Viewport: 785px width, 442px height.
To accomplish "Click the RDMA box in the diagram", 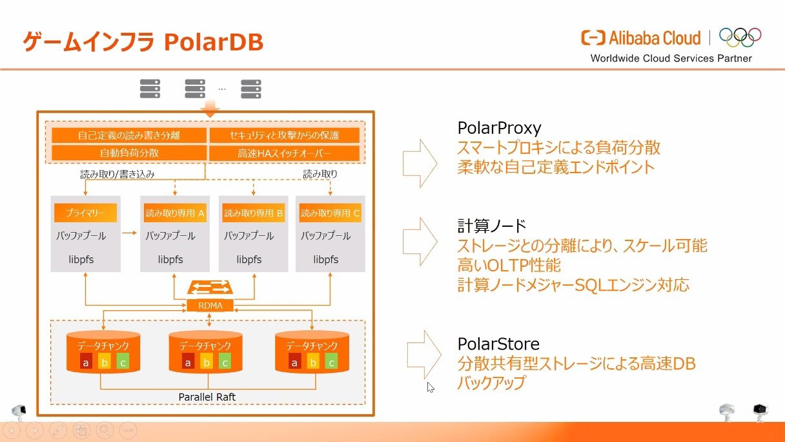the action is point(210,306).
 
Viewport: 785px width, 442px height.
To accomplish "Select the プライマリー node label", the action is point(85,213).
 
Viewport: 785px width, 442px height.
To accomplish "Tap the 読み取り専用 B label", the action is point(253,213).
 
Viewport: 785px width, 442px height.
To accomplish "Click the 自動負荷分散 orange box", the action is point(129,153).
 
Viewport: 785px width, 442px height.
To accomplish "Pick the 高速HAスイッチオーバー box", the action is point(284,153).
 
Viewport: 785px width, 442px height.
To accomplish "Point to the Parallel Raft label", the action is point(207,397).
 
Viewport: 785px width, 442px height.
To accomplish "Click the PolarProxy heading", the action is point(500,128).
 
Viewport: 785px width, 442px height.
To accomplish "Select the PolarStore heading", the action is point(498,344).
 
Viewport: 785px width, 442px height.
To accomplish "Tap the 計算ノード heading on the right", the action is point(492,226).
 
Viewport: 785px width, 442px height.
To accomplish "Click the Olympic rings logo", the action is point(740,37).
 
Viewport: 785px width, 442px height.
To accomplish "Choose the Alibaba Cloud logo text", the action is point(655,38).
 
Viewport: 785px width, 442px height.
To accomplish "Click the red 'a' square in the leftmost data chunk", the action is point(85,362).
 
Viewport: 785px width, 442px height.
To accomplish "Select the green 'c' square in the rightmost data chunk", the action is point(332,362).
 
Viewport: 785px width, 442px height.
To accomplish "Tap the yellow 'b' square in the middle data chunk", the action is point(207,362).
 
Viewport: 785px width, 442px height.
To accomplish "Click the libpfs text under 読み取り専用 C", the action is point(325,260).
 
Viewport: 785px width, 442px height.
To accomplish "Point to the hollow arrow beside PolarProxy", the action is point(420,163).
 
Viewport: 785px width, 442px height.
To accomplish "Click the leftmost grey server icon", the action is point(150,89).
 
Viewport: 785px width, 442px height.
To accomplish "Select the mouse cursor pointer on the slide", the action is point(431,387).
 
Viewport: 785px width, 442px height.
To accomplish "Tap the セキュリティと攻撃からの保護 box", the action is point(284,136).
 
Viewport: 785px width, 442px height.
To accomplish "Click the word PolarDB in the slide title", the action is point(214,42).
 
